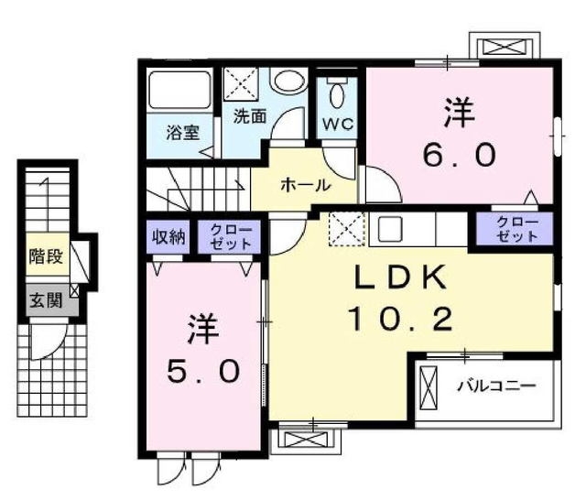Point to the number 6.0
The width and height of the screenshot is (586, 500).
pos(460,153)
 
